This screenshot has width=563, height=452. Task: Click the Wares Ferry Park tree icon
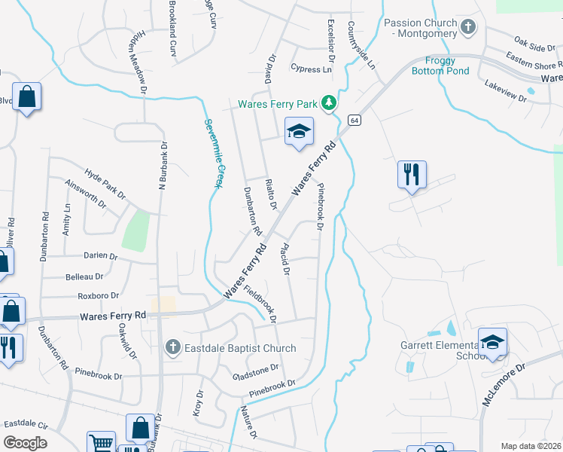tap(328, 103)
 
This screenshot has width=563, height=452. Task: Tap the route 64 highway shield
tap(354, 120)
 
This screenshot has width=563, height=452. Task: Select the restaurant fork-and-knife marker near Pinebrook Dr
tap(412, 174)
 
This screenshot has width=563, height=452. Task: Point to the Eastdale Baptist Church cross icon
tap(173, 348)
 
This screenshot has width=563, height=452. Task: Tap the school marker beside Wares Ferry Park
tap(299, 132)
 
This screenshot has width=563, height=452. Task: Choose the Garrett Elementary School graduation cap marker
tap(492, 341)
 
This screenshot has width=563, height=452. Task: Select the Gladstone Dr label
tap(256, 372)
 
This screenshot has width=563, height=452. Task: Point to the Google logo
tap(25, 443)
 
